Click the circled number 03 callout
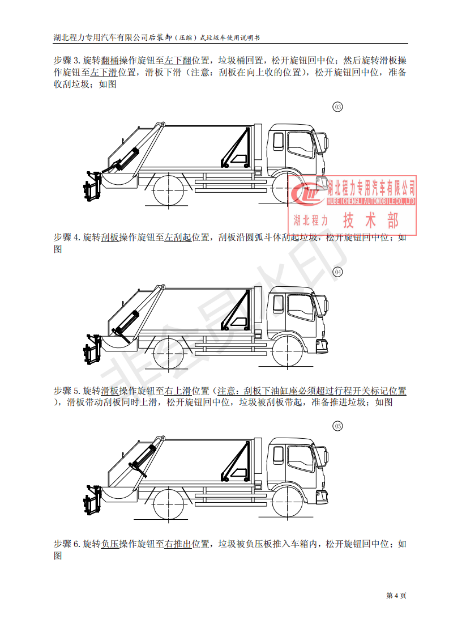point(338,107)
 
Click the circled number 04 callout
point(338,272)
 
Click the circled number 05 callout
point(338,425)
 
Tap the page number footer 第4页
point(396,595)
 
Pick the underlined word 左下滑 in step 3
point(104,73)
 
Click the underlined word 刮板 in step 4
point(110,238)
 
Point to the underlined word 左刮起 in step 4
point(178,238)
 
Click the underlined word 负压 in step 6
point(110,544)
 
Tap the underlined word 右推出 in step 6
point(178,544)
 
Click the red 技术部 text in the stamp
point(371,221)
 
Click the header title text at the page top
point(156,37)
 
